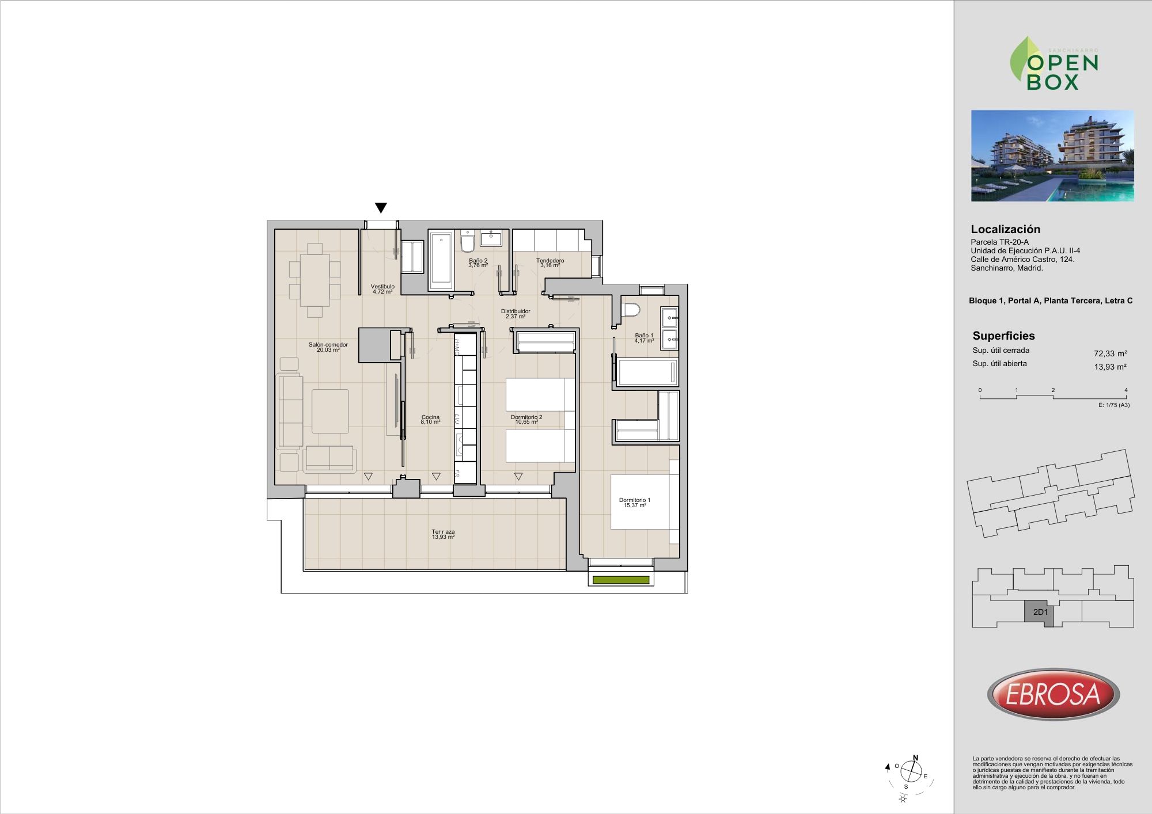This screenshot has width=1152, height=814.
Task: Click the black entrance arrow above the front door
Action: pos(381,208)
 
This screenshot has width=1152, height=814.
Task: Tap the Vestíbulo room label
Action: pos(382,287)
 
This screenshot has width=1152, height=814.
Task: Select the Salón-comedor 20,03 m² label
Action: pos(328,347)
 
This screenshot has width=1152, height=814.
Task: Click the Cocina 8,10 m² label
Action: pos(430,420)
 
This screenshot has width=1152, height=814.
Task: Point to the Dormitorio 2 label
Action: pos(526,417)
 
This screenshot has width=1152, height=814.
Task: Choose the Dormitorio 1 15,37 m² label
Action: pos(635,503)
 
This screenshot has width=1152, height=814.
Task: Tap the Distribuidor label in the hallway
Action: pos(516,311)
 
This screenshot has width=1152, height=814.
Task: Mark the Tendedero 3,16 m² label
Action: pos(550,263)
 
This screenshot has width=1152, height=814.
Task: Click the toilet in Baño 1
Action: pos(631,310)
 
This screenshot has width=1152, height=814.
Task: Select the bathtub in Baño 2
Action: pos(441,261)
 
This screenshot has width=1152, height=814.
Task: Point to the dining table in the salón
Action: pos(315,280)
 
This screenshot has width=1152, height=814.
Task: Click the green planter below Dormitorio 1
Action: pos(621,580)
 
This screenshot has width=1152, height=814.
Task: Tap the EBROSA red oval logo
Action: pos(1054,694)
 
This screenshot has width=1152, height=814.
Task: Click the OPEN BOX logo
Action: pos(1054,63)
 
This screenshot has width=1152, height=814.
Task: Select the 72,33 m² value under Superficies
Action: pos(1111,354)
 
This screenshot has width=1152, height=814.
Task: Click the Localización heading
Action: pos(1006,229)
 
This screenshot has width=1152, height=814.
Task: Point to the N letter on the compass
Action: pos(916,758)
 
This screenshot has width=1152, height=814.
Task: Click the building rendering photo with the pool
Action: pos(1052,155)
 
